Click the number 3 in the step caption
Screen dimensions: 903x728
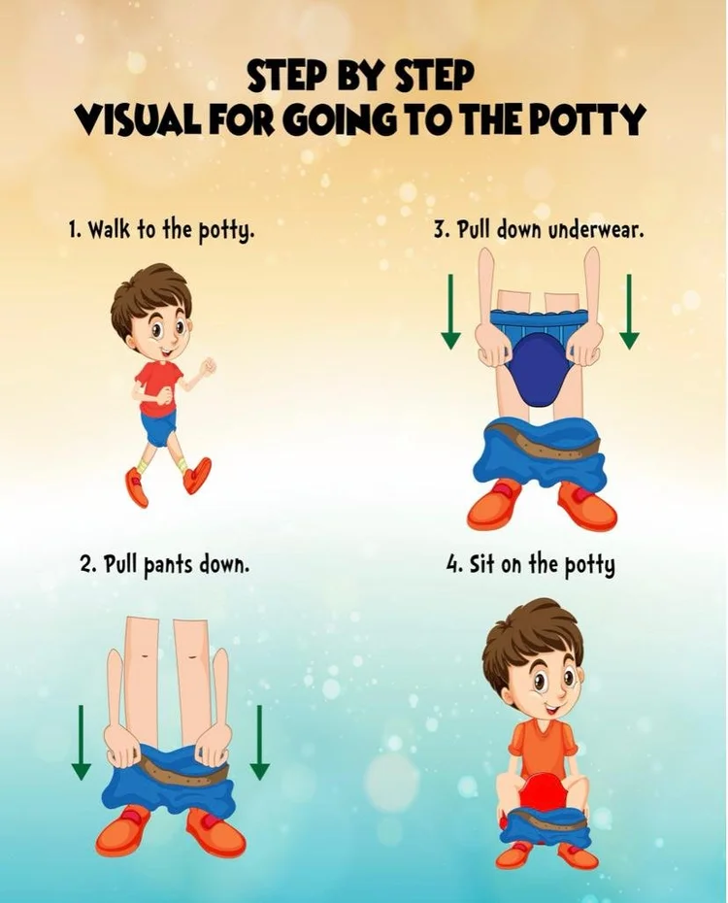pos(438,231)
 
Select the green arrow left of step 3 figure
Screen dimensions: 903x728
pos(450,312)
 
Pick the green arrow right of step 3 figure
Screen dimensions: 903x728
pos(629,312)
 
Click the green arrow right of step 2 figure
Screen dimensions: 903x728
pos(259,743)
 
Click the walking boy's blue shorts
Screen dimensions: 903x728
pos(160,427)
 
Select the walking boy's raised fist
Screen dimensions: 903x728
pos(207,366)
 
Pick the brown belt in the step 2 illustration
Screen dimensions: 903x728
pos(170,773)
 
